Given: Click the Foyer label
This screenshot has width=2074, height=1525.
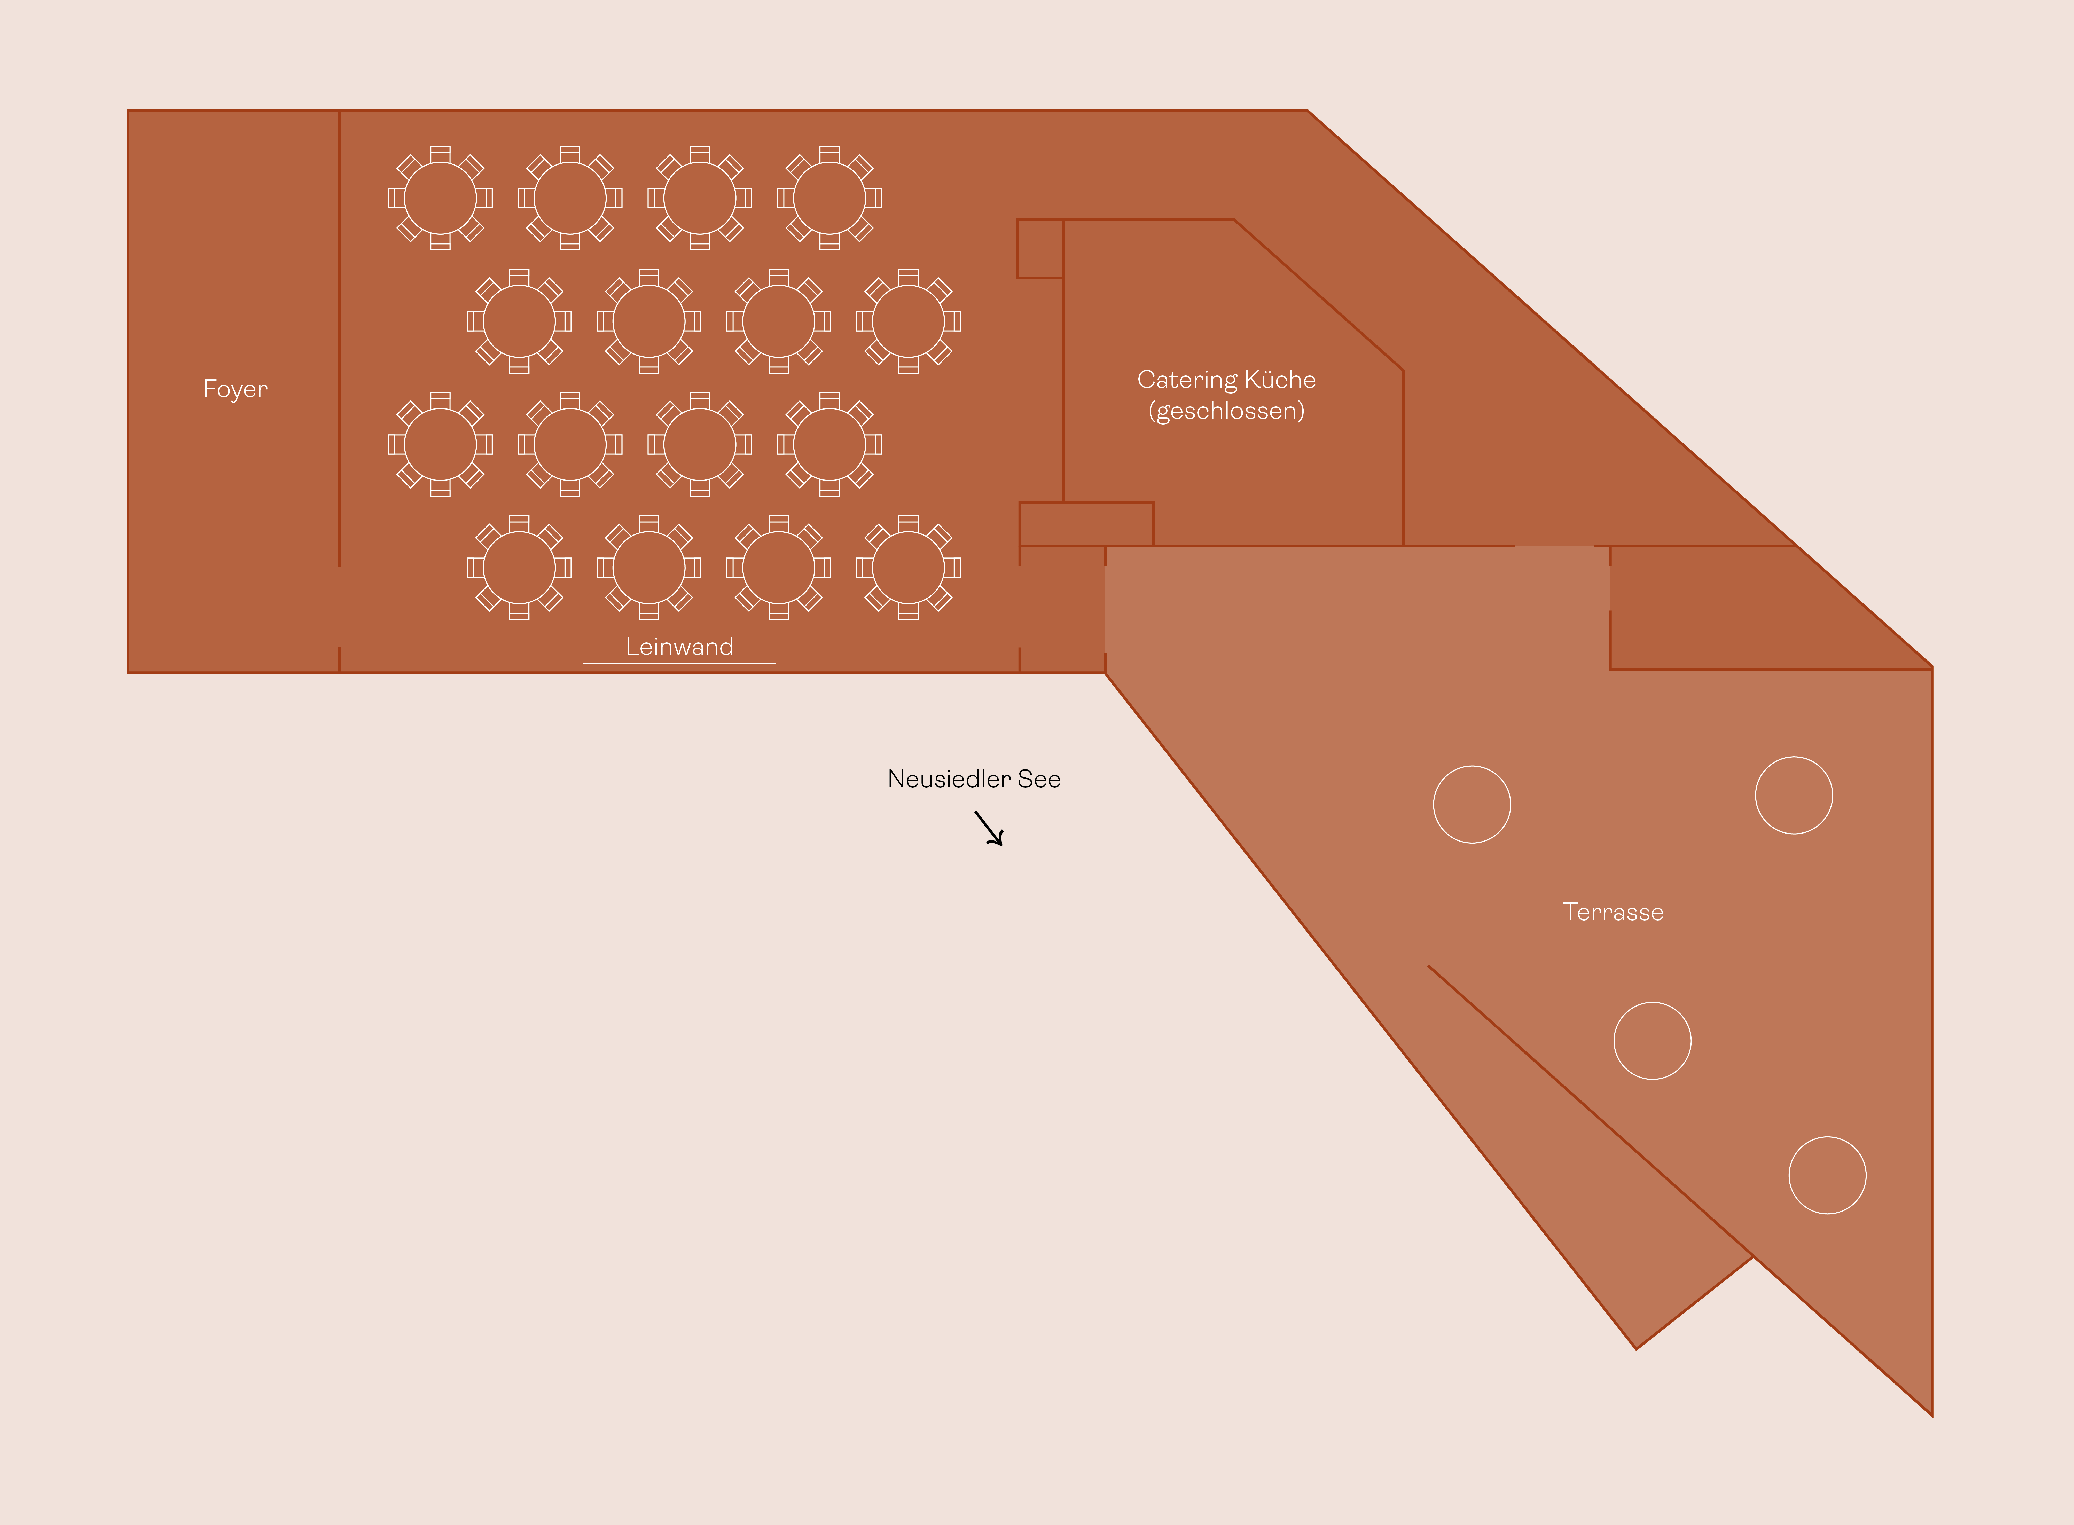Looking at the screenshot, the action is (x=235, y=390).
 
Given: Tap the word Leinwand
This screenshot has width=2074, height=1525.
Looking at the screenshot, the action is (x=679, y=646).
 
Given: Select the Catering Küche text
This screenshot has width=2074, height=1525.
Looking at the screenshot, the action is (x=1226, y=379).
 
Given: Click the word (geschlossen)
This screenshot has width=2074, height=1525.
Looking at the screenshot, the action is (x=1226, y=411).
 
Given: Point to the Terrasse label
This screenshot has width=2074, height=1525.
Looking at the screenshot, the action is (x=1614, y=912).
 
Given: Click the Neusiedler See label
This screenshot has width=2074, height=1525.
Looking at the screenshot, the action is (x=974, y=779).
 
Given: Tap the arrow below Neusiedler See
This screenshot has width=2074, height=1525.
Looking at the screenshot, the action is (x=989, y=828).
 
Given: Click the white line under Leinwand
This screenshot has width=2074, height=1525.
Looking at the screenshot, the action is (x=679, y=663).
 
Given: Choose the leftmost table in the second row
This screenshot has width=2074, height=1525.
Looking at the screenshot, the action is (x=519, y=321).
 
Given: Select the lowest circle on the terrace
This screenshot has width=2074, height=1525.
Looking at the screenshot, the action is (x=1828, y=1175).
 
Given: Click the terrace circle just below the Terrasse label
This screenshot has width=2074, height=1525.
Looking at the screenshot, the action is (x=1652, y=1040).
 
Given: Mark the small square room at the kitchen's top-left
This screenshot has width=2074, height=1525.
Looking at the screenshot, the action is (x=1040, y=248).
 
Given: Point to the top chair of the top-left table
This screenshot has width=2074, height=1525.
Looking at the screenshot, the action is (x=440, y=153).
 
